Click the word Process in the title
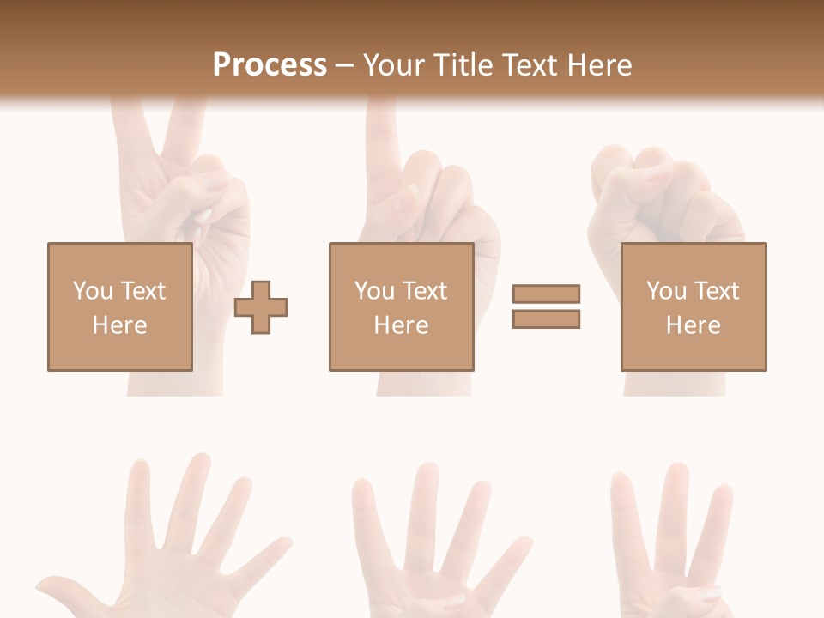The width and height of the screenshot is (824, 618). pyautogui.click(x=270, y=65)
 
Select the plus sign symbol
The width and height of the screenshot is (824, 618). pyautogui.click(x=262, y=306)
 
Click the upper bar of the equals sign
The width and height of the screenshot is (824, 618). pyautogui.click(x=546, y=294)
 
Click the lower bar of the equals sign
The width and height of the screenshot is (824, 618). pyautogui.click(x=546, y=318)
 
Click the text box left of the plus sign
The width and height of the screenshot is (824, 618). pyautogui.click(x=119, y=306)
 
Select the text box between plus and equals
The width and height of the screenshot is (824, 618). pyautogui.click(x=401, y=306)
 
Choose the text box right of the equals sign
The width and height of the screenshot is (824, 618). pyautogui.click(x=693, y=306)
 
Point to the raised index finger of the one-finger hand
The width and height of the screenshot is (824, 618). pyautogui.click(x=379, y=146)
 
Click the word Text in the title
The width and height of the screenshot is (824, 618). pyautogui.click(x=529, y=65)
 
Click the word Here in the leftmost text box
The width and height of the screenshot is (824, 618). pyautogui.click(x=119, y=325)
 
